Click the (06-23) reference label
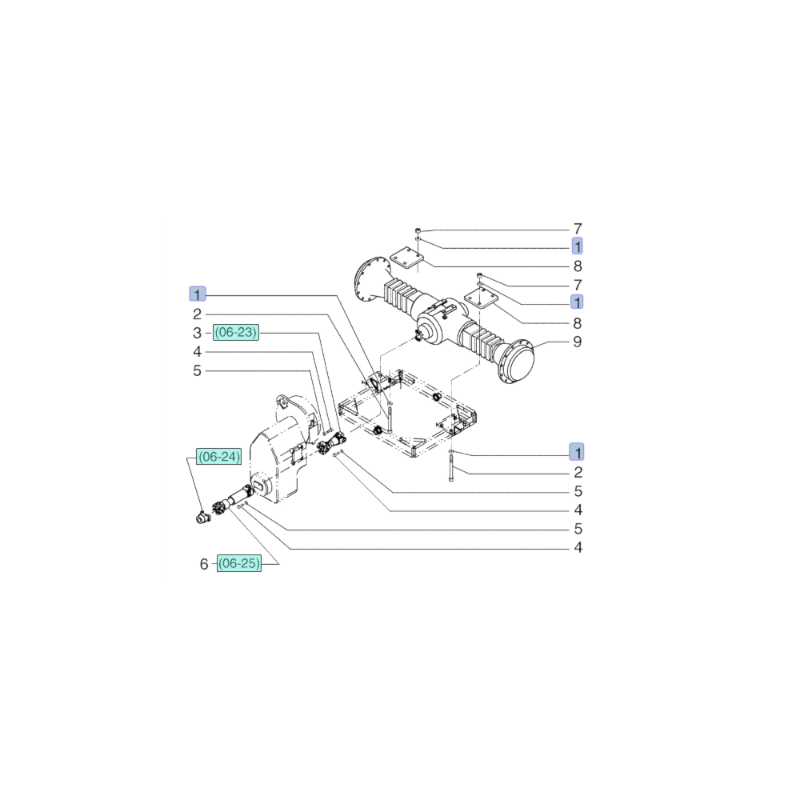236,333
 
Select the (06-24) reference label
219,457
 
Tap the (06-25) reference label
239,564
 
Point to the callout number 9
577,342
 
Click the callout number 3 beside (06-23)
198,333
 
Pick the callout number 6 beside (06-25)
204,565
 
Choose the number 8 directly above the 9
577,323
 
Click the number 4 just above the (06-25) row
577,548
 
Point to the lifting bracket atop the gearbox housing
281,402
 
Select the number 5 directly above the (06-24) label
198,371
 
